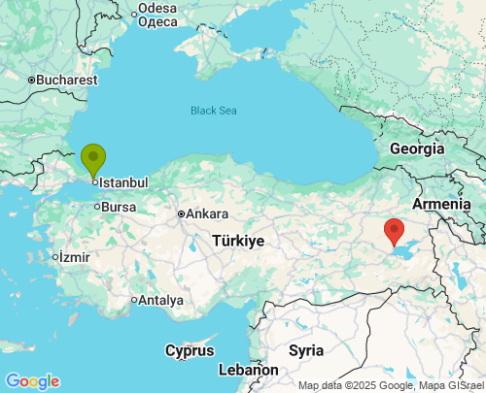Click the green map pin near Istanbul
click(93, 158)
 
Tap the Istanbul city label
click(123, 182)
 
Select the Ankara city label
click(207, 213)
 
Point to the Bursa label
click(119, 207)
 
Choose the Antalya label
click(160, 300)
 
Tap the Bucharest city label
click(67, 80)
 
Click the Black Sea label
click(214, 111)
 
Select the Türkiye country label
click(238, 240)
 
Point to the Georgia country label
click(417, 148)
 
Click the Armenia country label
click(442, 205)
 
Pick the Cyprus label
click(189, 350)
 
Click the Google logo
click(31, 381)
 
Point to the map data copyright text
click(390, 385)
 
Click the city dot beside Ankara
click(181, 213)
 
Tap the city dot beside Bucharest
click(31, 80)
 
